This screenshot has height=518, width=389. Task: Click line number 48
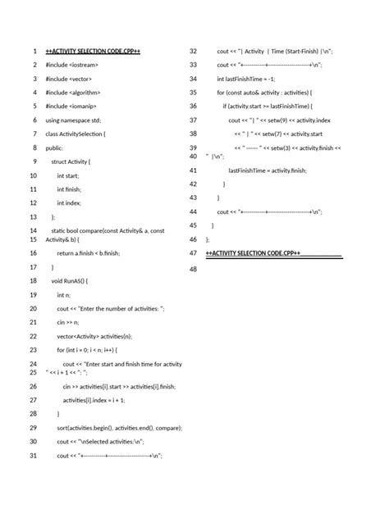pos(194,268)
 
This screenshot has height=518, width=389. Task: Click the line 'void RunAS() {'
pos(75,280)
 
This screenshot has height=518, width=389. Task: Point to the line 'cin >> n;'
pos(67,323)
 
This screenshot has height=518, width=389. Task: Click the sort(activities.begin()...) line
pos(119,428)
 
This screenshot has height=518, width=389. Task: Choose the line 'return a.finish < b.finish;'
pos(88,253)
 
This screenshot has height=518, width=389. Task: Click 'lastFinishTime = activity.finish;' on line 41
pos(267,170)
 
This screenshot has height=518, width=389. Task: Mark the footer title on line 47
pos(253,253)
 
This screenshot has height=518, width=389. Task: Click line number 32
pos(194,52)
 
